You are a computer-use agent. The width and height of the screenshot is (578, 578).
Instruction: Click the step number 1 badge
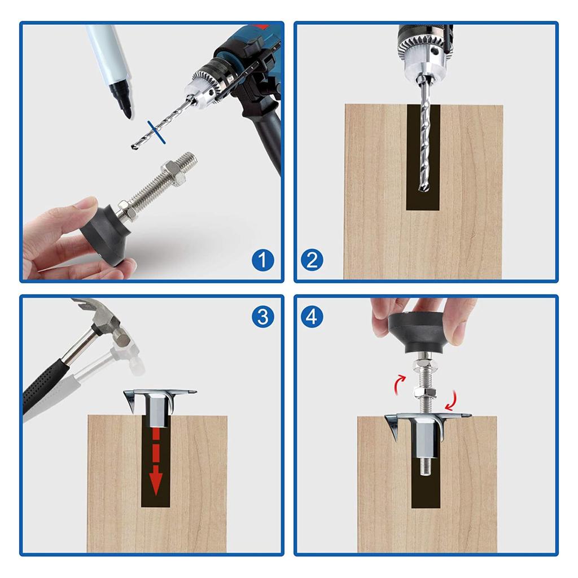pyautogui.click(x=263, y=260)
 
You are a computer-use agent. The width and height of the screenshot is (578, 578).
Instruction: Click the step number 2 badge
pyautogui.click(x=312, y=260)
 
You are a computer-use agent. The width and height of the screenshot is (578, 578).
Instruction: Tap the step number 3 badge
pyautogui.click(x=263, y=317)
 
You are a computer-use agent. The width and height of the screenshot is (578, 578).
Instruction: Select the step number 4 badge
pyautogui.click(x=312, y=317)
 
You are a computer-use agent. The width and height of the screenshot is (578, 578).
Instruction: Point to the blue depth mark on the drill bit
pyautogui.click(x=156, y=132)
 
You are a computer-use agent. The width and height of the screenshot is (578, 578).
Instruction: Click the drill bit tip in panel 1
pyautogui.click(x=133, y=147)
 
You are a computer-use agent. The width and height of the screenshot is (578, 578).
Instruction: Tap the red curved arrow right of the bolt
pyautogui.click(x=452, y=400)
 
